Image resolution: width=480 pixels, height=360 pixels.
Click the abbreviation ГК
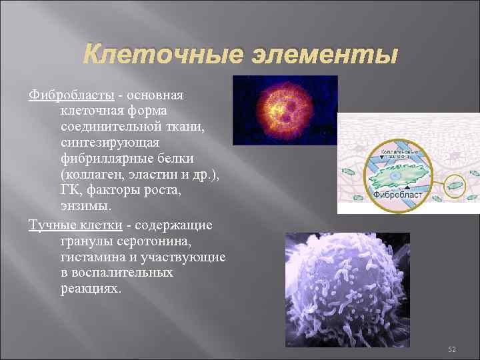[x=70, y=190]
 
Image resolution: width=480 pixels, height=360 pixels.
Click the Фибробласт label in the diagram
[x=397, y=195]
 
